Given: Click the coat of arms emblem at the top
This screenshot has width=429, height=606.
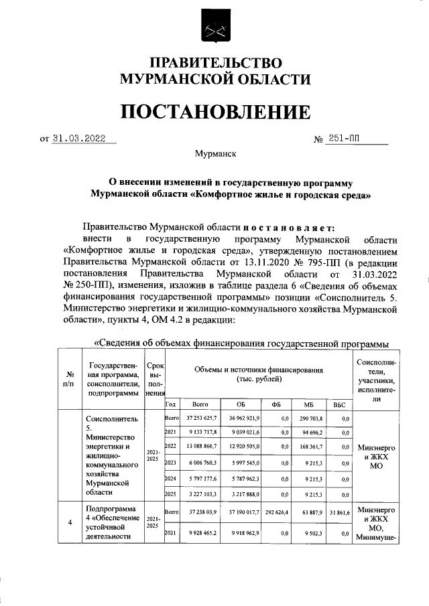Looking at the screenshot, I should [214, 30].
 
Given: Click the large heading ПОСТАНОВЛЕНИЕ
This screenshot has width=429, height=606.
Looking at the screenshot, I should [214, 112].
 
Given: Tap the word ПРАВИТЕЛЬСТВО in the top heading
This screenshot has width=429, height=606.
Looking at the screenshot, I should [214, 64].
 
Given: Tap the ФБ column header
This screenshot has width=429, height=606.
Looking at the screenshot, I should [275, 404].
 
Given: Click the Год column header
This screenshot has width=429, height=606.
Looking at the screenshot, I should [170, 404].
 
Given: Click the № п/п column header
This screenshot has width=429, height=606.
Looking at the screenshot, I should [68, 379].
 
